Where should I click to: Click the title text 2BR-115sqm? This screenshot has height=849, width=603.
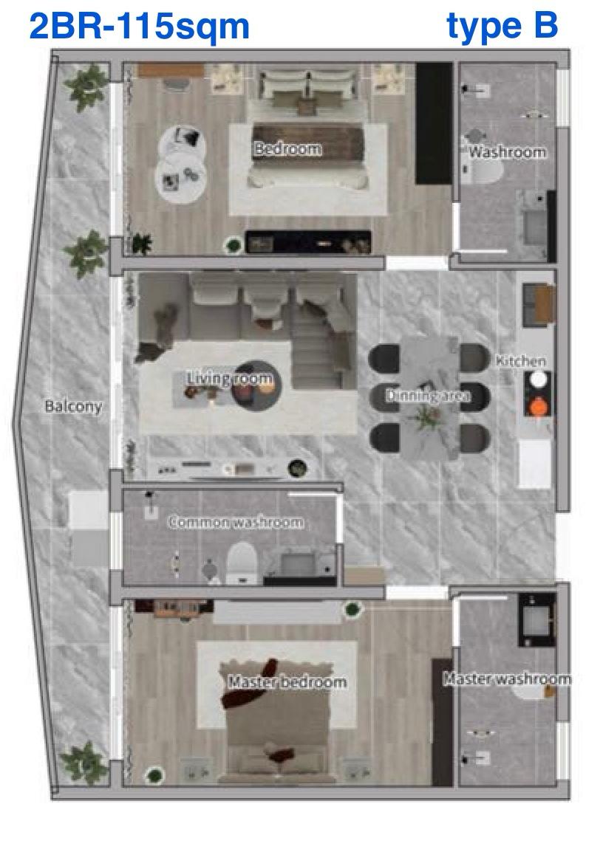pyautogui.click(x=139, y=27)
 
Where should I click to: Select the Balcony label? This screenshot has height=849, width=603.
pyautogui.click(x=72, y=406)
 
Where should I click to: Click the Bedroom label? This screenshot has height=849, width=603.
pyautogui.click(x=287, y=148)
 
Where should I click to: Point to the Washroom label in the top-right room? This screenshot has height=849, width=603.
pyautogui.click(x=508, y=152)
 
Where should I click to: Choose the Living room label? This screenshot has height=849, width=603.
pyautogui.click(x=230, y=379)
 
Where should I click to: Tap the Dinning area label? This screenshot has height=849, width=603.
pyautogui.click(x=427, y=396)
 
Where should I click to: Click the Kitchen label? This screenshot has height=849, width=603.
pyautogui.click(x=521, y=361)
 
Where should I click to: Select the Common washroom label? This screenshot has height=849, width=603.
pyautogui.click(x=236, y=522)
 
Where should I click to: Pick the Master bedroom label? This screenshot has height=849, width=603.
pyautogui.click(x=287, y=681)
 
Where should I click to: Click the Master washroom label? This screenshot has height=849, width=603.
pyautogui.click(x=507, y=678)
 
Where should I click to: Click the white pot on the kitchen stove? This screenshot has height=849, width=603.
pyautogui.click(x=539, y=379)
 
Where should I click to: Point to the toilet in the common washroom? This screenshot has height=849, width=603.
pyautogui.click(x=241, y=563)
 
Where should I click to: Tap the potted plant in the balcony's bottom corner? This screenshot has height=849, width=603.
pyautogui.click(x=84, y=762)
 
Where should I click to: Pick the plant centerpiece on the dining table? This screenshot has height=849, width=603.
pyautogui.click(x=426, y=418)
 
